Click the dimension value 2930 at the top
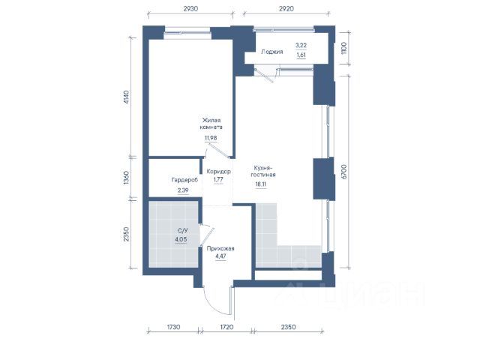190,8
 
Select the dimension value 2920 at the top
286,8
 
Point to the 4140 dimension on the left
127,97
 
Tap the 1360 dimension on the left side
126,178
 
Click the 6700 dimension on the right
344,172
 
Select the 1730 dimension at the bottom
173,327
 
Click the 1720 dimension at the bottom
226,327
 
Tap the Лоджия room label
271,52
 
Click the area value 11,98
211,138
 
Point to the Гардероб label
184,180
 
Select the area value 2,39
183,190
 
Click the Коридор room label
218,172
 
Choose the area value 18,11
261,184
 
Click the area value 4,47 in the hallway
220,256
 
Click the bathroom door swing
207,235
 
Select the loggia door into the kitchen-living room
265,75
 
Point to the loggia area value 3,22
301,45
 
